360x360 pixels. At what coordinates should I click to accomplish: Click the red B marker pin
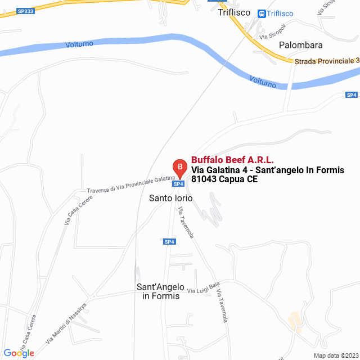tap(179, 167)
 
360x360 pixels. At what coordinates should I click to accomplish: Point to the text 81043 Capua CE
tap(224, 180)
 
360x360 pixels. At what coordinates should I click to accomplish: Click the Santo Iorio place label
tap(170, 198)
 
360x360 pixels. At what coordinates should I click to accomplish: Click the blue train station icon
tap(262, 13)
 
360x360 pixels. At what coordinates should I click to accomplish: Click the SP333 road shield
tap(25, 11)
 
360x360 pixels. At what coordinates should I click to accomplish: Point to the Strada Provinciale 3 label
tap(326, 61)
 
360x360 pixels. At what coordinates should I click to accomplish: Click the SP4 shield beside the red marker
tap(178, 184)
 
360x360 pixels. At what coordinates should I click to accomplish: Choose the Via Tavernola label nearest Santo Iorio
tap(186, 222)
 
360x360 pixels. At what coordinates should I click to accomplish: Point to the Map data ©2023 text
tap(335, 355)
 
